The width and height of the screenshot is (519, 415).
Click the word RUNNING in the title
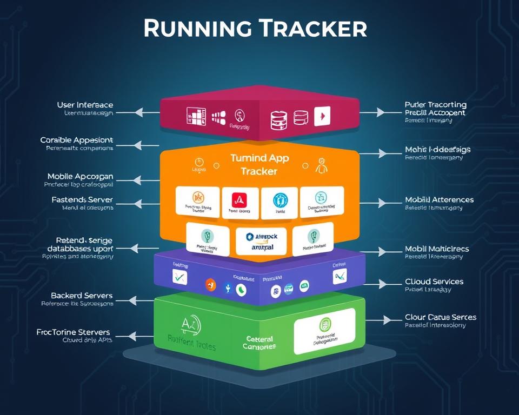coord(197,28)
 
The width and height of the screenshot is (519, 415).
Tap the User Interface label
coord(85,104)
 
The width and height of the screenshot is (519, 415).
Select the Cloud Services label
coord(434,282)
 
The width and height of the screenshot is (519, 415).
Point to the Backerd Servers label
coord(82,296)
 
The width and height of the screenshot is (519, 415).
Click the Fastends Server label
coord(82,199)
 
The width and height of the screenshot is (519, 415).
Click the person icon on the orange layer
coord(321,165)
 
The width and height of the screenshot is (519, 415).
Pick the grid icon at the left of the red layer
coord(196,116)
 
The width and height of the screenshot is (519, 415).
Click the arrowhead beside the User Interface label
coord(138,112)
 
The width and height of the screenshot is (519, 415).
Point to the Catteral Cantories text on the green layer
coord(259,343)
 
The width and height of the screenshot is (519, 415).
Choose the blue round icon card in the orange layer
coord(279,202)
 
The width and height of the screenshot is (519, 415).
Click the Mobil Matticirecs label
coord(437,249)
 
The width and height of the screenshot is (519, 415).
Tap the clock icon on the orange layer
coord(198,162)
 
